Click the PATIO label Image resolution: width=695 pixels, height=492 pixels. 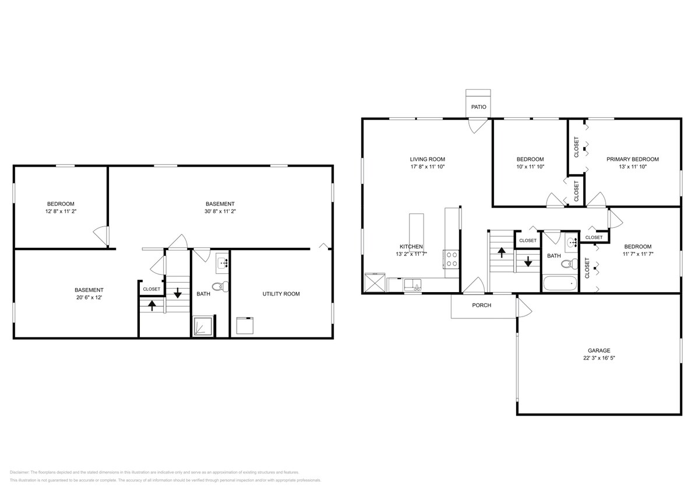coord(478,107)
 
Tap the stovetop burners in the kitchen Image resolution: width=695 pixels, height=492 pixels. coord(451,258)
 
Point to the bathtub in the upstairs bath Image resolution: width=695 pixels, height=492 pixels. coord(559,284)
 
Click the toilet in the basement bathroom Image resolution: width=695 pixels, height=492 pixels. coord(220,287)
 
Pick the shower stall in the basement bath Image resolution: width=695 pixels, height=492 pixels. coord(202,326)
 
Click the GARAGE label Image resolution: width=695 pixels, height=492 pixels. coord(599,351)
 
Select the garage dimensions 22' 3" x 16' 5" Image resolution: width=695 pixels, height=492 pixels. coord(599,358)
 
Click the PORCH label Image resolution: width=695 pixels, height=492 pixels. coord(481,305)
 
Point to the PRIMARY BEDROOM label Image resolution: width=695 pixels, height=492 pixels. coord(632,159)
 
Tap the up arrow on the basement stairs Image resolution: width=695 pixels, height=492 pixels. coord(151,304)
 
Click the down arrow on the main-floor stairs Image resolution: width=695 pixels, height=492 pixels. coord(528,262)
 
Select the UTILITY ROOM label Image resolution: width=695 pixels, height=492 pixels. coord(281,294)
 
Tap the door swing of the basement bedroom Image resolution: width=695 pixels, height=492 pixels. coord(101,236)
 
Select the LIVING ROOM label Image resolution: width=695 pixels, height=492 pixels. coord(427,159)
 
